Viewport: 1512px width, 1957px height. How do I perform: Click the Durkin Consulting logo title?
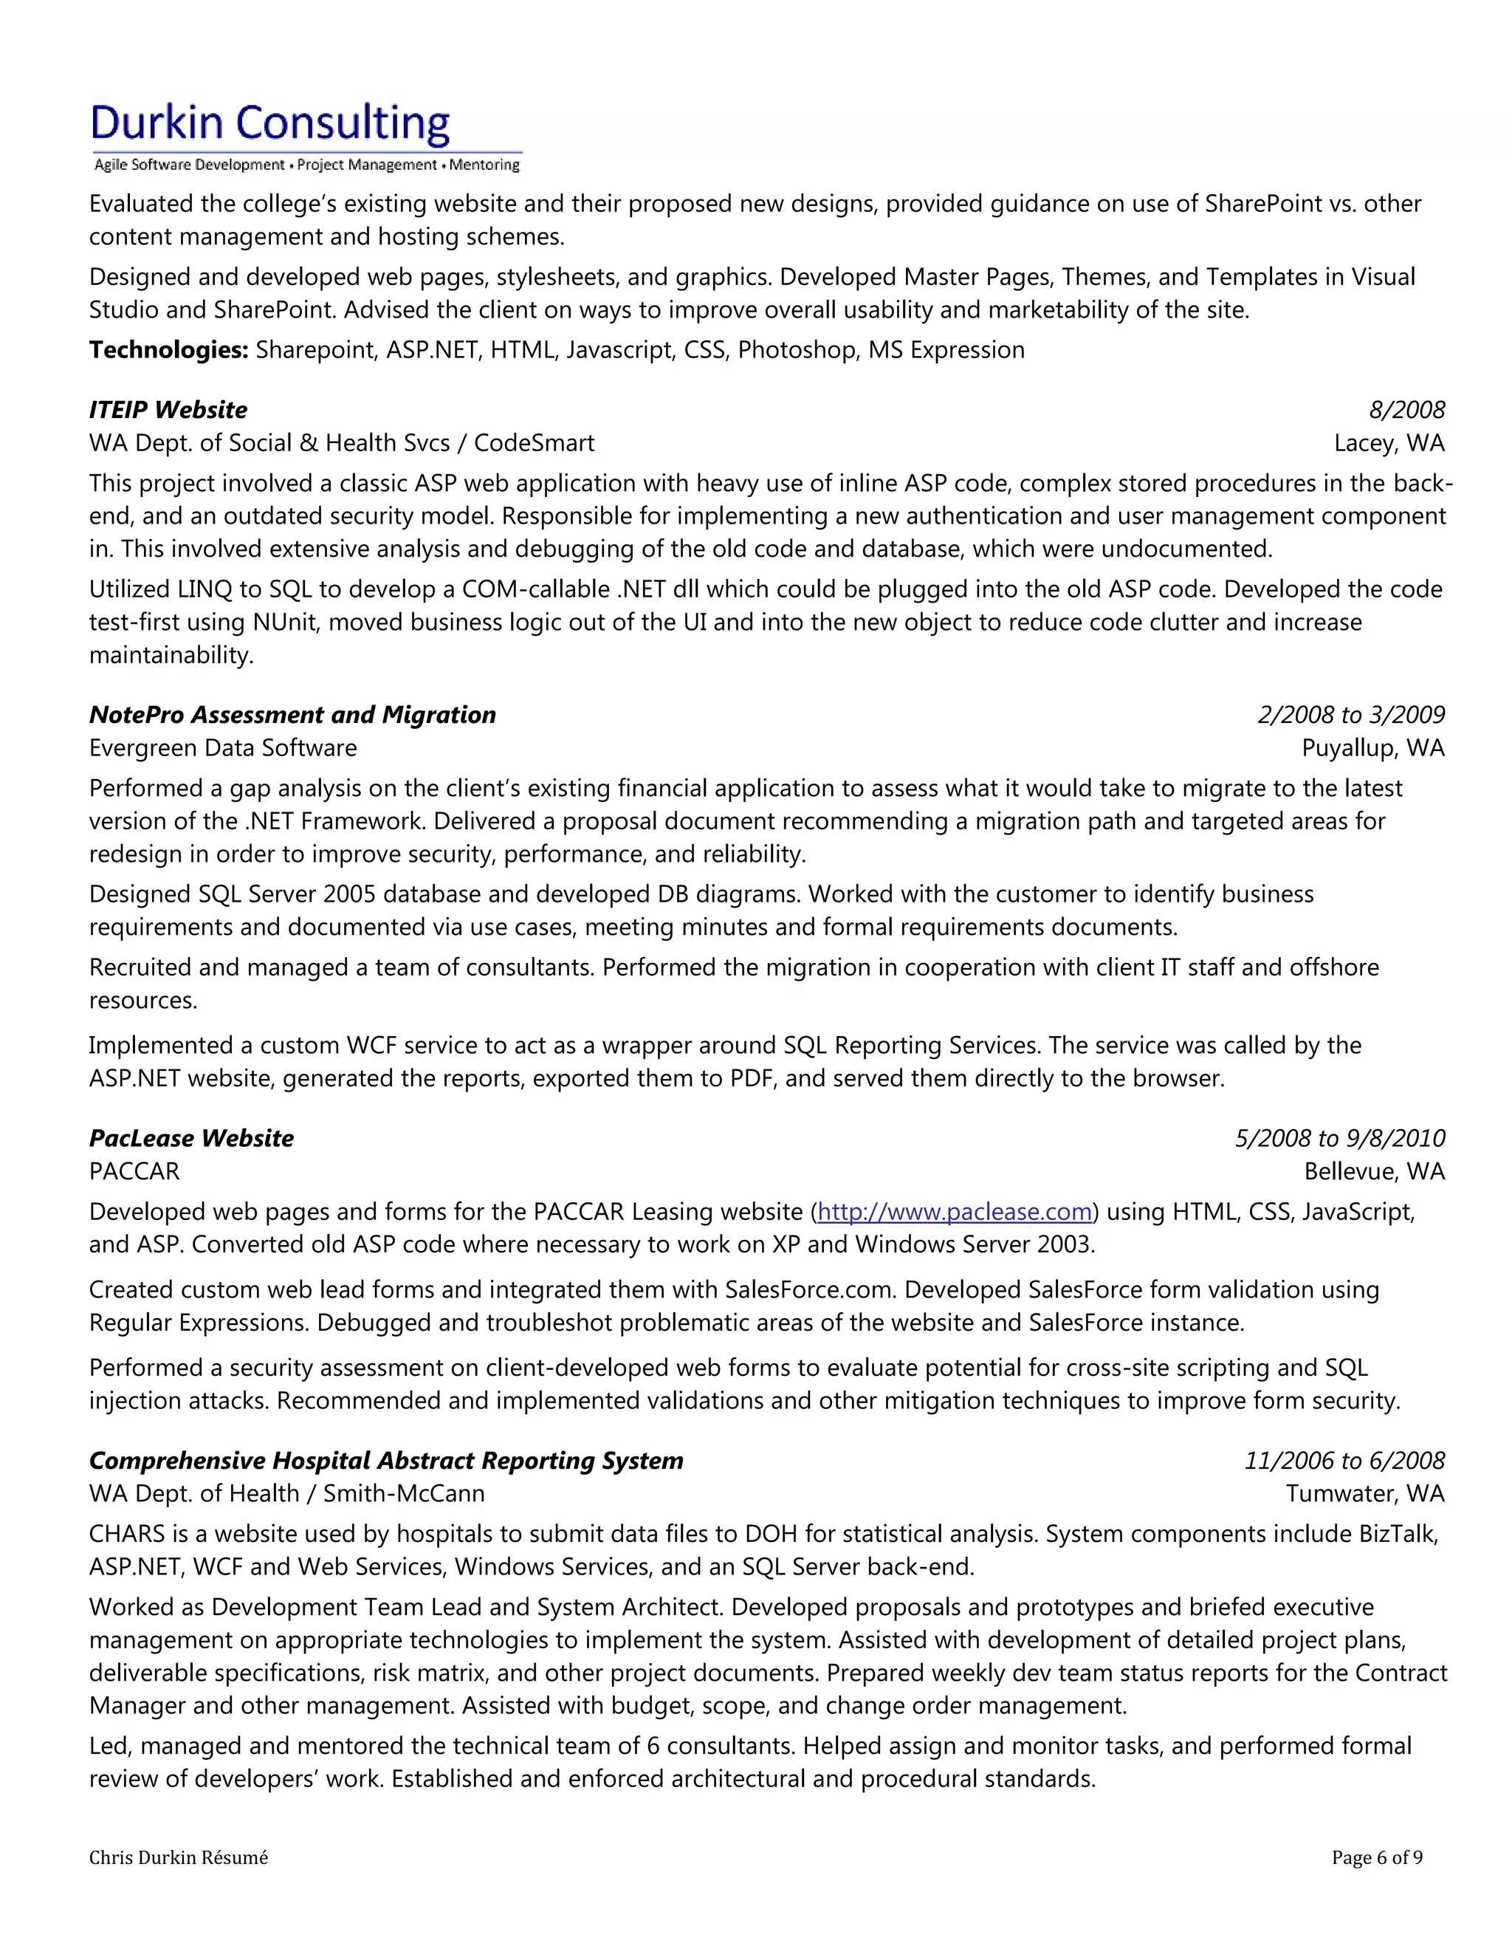click(269, 123)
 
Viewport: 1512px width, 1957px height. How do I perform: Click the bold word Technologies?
click(168, 349)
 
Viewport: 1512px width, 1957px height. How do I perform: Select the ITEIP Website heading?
click(168, 410)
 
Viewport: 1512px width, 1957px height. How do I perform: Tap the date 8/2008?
click(1406, 410)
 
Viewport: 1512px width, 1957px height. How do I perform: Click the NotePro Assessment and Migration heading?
click(292, 714)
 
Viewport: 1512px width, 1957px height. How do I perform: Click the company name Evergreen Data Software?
click(222, 747)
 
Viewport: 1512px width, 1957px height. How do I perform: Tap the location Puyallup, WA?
click(1372, 747)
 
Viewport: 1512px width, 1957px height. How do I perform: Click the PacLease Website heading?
click(190, 1138)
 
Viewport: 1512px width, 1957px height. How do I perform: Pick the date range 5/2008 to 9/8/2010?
click(1339, 1138)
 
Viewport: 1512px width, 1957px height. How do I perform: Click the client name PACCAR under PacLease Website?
click(134, 1171)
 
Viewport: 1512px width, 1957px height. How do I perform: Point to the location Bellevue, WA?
click(1374, 1171)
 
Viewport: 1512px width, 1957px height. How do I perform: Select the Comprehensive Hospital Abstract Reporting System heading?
click(386, 1461)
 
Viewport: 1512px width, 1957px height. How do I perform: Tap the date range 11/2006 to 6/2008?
click(1344, 1461)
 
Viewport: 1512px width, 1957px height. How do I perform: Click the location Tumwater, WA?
click(1365, 1494)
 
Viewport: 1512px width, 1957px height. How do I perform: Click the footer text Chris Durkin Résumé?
click(178, 1857)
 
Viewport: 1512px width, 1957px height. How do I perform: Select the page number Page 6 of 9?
click(1377, 1857)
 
